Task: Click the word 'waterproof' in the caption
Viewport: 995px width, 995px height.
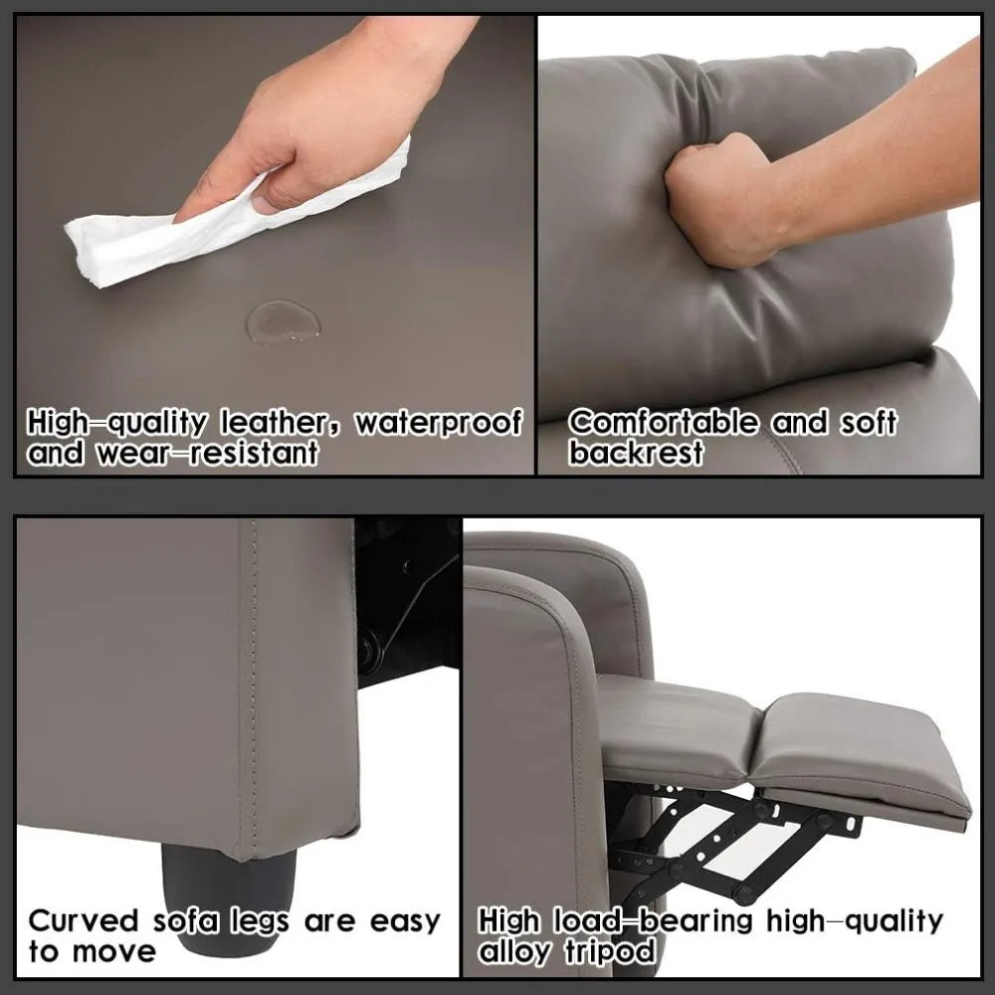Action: point(439,423)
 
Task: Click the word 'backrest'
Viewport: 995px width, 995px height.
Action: point(637,455)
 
